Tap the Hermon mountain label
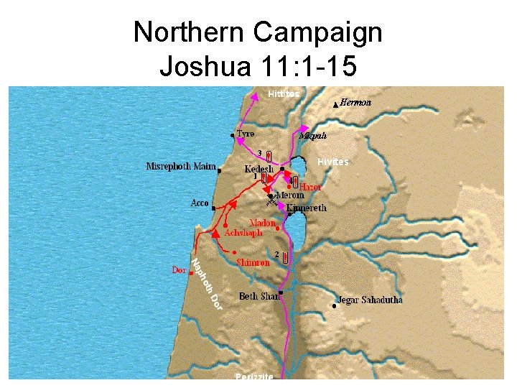click(x=355, y=103)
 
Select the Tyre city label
click(x=246, y=134)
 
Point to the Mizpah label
click(x=312, y=136)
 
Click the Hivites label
click(x=333, y=162)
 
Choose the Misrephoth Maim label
click(x=181, y=167)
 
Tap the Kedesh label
click(x=259, y=170)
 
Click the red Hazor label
click(x=311, y=187)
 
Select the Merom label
click(x=290, y=195)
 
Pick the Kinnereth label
click(x=306, y=208)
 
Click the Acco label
click(x=200, y=203)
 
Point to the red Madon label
click(x=262, y=223)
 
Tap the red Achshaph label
click(x=243, y=234)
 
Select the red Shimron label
click(x=253, y=263)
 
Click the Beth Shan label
click(x=259, y=296)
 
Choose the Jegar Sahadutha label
click(x=371, y=300)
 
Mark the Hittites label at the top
click(x=284, y=94)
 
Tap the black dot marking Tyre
click(x=232, y=135)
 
